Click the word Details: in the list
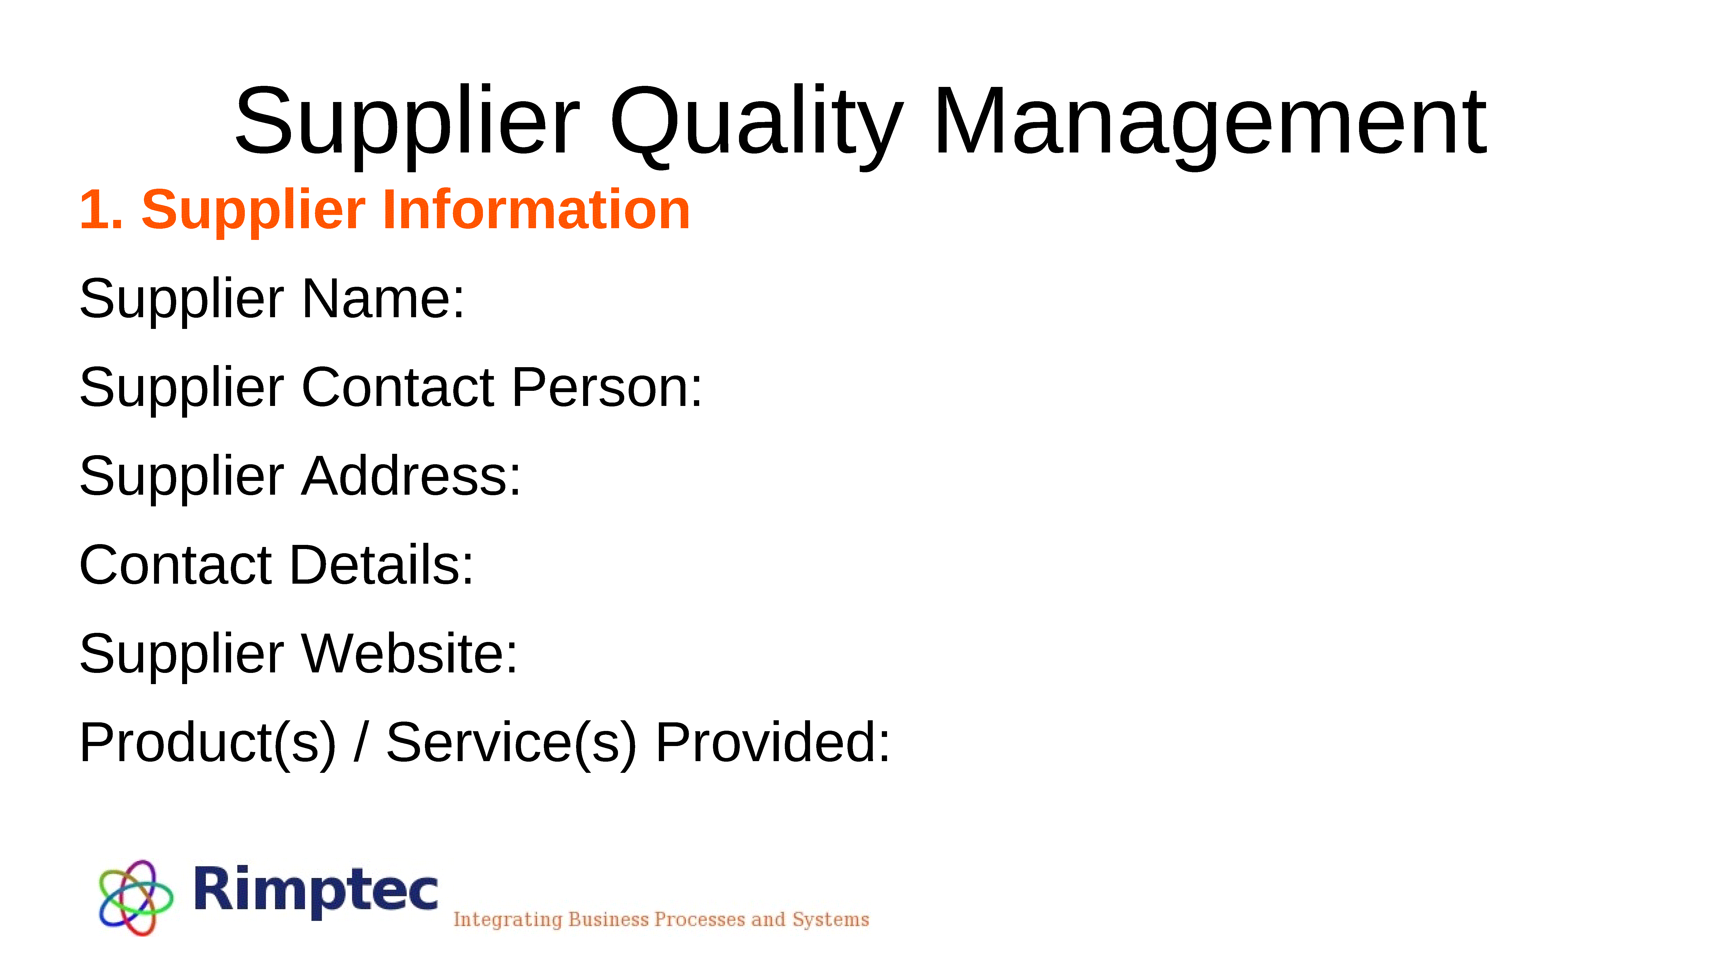tap(381, 565)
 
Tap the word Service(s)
tap(512, 743)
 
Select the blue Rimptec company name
tap(315, 890)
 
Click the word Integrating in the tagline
tap(508, 920)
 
